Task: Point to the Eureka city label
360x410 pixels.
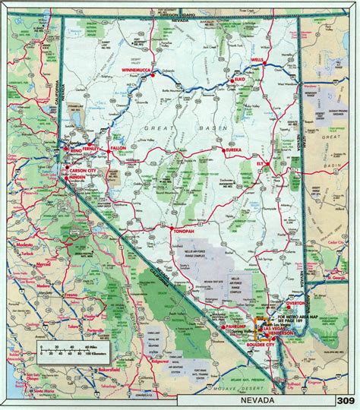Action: pos(232,151)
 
